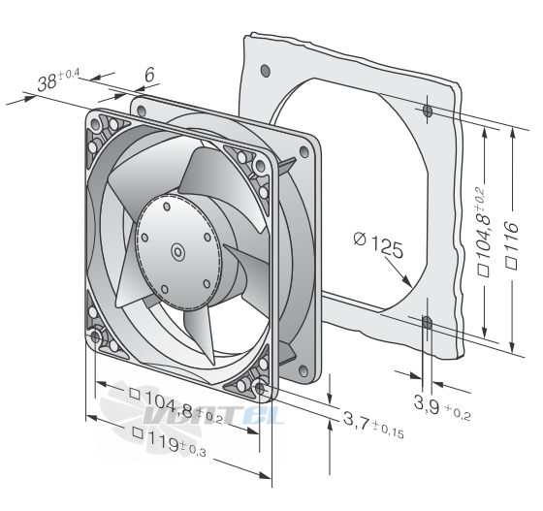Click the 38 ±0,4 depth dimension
point(58,80)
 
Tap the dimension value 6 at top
point(149,75)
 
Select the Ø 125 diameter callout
point(378,244)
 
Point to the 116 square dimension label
point(512,245)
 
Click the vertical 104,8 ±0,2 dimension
point(484,232)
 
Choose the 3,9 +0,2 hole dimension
point(442,407)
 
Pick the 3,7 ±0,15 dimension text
point(373,425)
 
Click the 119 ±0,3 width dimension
point(170,441)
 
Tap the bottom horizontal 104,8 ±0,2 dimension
point(176,405)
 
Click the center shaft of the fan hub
point(178,252)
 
